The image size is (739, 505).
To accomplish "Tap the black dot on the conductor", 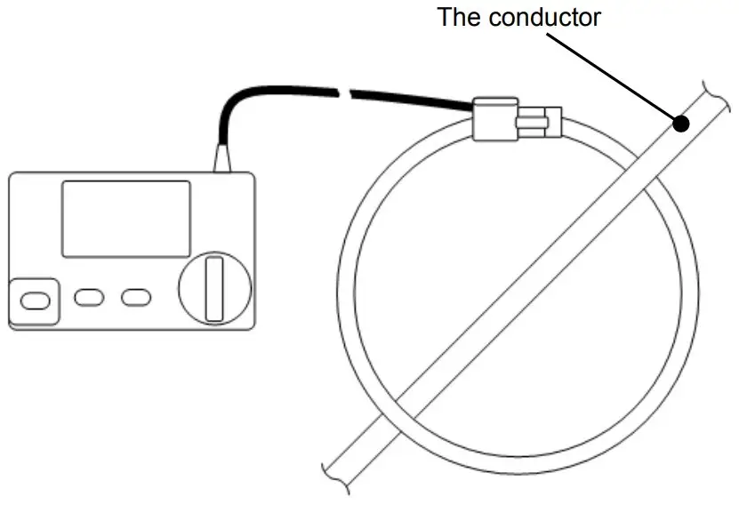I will coord(681,124).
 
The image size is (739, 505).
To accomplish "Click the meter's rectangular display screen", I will coord(125,219).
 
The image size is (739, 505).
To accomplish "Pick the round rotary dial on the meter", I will coord(214,288).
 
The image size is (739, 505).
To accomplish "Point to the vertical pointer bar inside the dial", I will coord(214,288).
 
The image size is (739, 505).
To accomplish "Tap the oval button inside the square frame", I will coord(34,301).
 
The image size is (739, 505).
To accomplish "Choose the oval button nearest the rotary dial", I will coord(136,297).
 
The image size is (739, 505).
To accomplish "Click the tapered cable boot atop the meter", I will coord(221,158).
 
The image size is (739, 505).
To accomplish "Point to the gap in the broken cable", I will coord(343,90).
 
